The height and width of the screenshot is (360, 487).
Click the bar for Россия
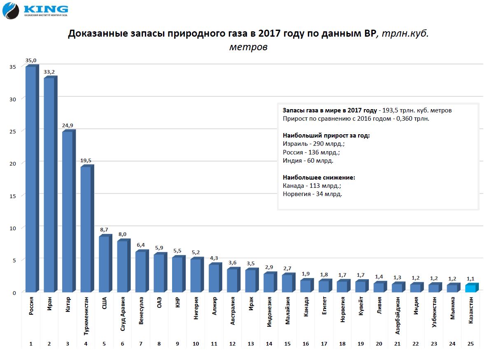point(31,179)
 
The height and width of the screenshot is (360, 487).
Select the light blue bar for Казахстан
point(471,288)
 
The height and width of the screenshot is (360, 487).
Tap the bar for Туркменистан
point(86,229)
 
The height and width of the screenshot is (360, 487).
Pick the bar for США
point(104,264)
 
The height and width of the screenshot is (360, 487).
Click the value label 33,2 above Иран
point(49,72)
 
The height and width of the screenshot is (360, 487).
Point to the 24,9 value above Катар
point(68,126)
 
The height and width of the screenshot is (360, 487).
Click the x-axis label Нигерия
point(196,308)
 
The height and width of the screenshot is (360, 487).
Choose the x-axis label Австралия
point(232,311)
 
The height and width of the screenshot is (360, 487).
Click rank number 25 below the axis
point(471,344)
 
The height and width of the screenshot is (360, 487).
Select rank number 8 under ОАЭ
point(159,344)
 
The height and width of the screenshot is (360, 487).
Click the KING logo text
point(46,9)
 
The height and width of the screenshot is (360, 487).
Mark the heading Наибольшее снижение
point(319,178)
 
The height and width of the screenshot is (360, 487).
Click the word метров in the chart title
point(248,47)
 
